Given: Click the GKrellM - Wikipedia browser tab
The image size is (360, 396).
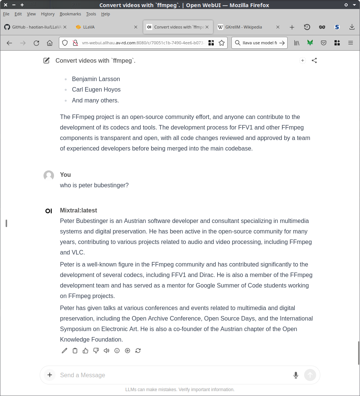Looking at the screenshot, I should click(x=244, y=27).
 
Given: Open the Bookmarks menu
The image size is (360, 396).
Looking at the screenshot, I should click(x=70, y=14).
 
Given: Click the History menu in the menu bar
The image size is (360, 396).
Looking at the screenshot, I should click(x=48, y=14).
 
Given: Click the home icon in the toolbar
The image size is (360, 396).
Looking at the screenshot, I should click(x=49, y=43).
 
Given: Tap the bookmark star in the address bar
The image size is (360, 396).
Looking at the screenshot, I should click(x=222, y=43).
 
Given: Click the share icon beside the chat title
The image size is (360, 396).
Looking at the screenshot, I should click(x=314, y=60).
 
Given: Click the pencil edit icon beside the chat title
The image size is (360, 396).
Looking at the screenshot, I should click(x=46, y=60).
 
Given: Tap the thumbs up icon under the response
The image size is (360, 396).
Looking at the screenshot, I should click(x=85, y=351).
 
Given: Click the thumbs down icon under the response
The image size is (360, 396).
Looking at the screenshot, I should click(x=96, y=351).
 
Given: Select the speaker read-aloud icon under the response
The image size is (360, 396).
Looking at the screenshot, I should click(x=106, y=351).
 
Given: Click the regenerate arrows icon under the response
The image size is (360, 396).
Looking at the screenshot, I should click(x=138, y=351).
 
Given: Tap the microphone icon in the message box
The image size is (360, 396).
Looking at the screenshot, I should click(x=296, y=375).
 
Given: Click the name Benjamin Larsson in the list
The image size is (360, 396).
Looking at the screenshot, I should click(x=96, y=79).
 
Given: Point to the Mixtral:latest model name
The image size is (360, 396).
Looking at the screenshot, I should click(x=78, y=211).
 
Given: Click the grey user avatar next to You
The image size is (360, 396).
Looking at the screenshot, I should click(x=49, y=175).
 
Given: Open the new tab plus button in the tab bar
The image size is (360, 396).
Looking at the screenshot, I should click(x=292, y=27).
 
